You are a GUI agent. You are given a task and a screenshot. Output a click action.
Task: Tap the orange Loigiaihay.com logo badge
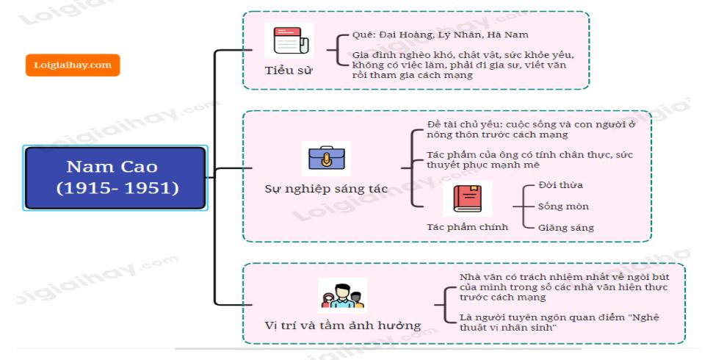(73, 65)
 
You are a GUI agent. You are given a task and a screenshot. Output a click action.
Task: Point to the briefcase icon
(326, 159)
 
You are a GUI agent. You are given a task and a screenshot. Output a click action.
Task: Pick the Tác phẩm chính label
(468, 227)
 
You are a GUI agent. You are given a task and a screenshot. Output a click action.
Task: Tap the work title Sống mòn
(563, 206)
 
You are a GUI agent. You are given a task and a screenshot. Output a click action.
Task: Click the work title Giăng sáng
(566, 228)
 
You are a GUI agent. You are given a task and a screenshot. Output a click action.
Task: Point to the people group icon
(342, 295)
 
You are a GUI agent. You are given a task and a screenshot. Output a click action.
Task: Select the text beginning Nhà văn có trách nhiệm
(562, 287)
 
